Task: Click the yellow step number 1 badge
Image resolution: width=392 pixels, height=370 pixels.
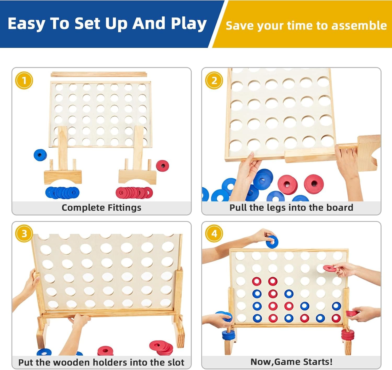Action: (24, 80)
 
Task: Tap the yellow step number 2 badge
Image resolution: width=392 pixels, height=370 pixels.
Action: (214, 80)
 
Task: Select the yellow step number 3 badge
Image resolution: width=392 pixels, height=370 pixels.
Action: (24, 234)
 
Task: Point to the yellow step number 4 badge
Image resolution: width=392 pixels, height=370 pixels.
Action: (214, 234)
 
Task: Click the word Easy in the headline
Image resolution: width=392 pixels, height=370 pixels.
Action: (26, 24)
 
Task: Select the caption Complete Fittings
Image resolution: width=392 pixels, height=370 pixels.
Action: (101, 208)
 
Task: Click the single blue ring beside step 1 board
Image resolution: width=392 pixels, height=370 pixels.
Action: (40, 155)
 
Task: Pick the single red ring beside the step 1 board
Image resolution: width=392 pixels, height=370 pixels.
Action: (163, 166)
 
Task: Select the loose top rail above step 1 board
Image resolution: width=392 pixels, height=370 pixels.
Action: (99, 75)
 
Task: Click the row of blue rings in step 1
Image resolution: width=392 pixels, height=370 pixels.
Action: (62, 193)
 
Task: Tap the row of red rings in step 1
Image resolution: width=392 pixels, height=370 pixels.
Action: (134, 193)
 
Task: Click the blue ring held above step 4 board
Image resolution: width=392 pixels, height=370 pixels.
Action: (272, 242)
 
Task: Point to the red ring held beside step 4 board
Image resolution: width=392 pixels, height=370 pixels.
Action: (329, 268)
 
